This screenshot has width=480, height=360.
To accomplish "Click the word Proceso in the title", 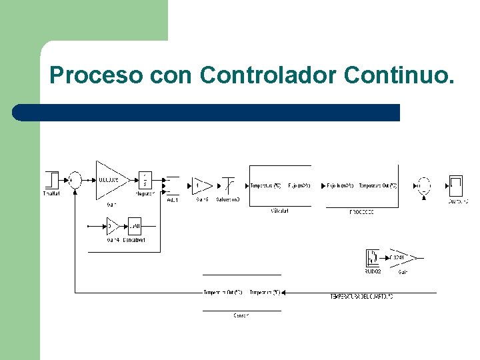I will click(95, 75).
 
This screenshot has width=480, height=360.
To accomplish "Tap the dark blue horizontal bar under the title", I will click(207, 112).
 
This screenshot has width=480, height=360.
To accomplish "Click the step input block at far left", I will click(51, 180).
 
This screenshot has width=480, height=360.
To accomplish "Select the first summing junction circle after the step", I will click(75, 180).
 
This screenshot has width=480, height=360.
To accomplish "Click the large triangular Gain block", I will click(111, 179).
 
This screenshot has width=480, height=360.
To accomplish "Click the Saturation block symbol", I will click(228, 185).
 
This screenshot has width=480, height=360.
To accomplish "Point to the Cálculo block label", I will click(279, 211).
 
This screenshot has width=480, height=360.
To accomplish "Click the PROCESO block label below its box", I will click(361, 212).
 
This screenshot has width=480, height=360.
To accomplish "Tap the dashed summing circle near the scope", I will click(423, 185).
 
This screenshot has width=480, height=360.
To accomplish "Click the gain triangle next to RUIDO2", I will click(402, 257).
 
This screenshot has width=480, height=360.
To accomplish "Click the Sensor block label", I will click(241, 315).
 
